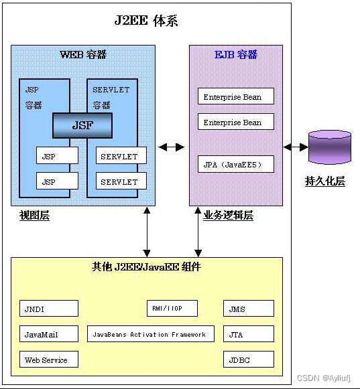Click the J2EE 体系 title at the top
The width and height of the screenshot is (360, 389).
coord(146,20)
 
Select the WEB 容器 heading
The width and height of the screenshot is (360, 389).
coord(83,54)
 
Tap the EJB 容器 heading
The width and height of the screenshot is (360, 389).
coord(236,54)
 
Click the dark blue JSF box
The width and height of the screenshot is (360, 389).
coord(82,125)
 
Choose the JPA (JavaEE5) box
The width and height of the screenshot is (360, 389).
coord(236,164)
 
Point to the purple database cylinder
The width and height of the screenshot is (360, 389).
coord(329,147)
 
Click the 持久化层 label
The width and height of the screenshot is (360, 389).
coord(325,181)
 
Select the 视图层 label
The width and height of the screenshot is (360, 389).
coord(34,215)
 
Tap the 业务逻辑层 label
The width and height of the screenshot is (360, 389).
coord(228,215)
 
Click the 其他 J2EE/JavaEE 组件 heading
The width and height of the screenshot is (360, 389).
coord(146,266)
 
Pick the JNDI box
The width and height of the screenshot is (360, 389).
coord(48,309)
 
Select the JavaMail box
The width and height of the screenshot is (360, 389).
coord(48,334)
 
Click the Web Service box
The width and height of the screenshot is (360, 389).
coord(48,360)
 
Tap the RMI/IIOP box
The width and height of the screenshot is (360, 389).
coord(173,308)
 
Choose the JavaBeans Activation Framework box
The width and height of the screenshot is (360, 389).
coord(151,334)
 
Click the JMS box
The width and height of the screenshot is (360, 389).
coord(249,309)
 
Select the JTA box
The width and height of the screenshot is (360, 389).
coord(249,334)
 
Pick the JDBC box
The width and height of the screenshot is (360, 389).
coord(249,360)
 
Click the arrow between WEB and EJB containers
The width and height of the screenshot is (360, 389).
coord(172,147)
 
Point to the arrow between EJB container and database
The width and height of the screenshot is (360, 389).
coord(295,147)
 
